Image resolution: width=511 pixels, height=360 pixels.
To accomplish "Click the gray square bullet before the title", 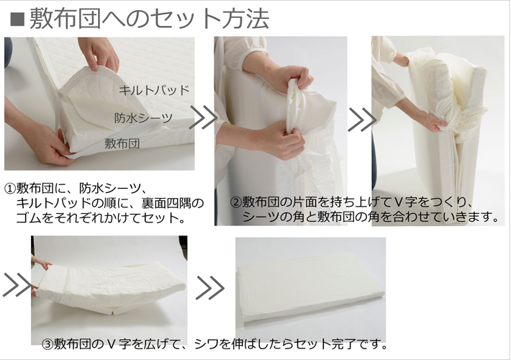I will [16, 19].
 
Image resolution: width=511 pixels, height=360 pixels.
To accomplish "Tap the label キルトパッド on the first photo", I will [154, 91].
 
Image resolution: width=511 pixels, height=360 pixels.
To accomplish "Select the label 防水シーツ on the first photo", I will [143, 117].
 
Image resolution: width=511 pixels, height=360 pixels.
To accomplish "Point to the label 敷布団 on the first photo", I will [122, 143].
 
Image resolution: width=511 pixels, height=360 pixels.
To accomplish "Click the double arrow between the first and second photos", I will [203, 118].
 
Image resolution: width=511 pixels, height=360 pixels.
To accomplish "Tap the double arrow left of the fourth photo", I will [16, 285].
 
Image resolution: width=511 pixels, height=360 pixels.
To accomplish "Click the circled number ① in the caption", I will [10, 188].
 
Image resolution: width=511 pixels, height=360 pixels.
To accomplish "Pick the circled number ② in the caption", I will [235, 202].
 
